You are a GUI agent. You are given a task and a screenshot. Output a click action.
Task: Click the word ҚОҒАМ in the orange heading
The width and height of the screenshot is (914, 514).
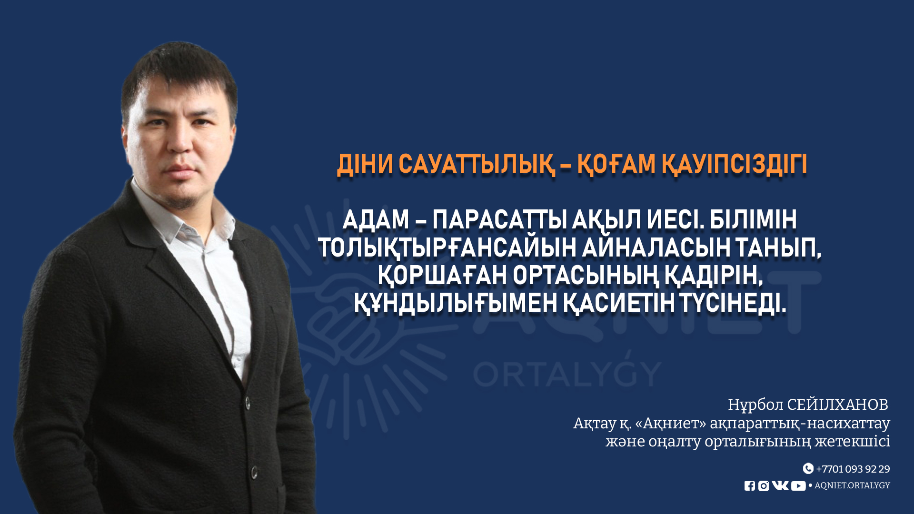(x=615, y=165)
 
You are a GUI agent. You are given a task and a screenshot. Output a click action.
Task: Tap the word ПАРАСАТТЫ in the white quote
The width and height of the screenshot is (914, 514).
(x=499, y=220)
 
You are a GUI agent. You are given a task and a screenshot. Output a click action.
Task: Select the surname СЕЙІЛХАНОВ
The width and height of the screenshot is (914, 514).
(x=837, y=405)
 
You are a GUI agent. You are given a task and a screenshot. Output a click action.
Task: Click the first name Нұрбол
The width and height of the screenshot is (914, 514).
(x=755, y=405)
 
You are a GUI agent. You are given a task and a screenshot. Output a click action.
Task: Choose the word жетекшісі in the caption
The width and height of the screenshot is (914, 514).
(x=852, y=441)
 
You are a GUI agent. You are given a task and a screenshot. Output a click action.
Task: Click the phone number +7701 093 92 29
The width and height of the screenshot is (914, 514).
(x=853, y=469)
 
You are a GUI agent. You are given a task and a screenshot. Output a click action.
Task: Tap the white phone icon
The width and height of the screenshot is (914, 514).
(x=808, y=468)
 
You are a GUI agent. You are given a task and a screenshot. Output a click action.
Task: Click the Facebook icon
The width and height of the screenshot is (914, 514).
(x=750, y=486)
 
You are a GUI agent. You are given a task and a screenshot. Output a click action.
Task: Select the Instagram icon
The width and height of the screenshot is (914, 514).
(x=764, y=486)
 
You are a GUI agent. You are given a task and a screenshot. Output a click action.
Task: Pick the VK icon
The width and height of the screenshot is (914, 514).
(x=780, y=485)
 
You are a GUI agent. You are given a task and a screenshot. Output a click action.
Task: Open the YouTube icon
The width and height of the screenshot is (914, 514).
(x=798, y=486)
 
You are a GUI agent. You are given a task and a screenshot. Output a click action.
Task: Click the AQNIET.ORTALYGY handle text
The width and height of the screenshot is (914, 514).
(x=852, y=485)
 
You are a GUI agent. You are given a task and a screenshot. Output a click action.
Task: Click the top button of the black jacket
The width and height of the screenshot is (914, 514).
(x=248, y=403)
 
